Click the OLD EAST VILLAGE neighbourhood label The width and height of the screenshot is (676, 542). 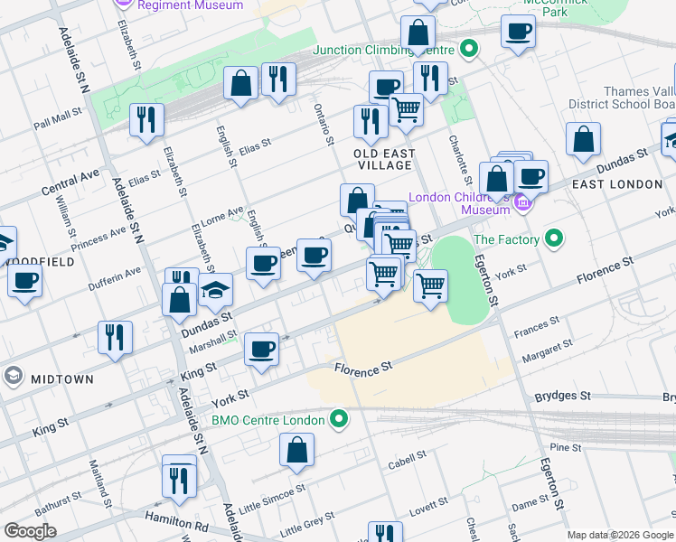coord(383,159)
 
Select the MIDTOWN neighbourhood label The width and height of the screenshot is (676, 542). coord(62,379)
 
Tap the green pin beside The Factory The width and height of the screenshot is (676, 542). coord(554,239)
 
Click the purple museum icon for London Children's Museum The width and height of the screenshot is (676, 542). coord(522,205)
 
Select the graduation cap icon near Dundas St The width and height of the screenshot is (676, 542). coord(216,290)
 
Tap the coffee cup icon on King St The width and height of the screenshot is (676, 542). coord(262,350)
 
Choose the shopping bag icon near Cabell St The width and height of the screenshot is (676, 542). coord(296,450)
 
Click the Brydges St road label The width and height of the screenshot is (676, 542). coord(562,396)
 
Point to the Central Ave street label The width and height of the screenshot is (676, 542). coord(70,182)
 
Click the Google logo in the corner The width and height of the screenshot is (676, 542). coord(31,531)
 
